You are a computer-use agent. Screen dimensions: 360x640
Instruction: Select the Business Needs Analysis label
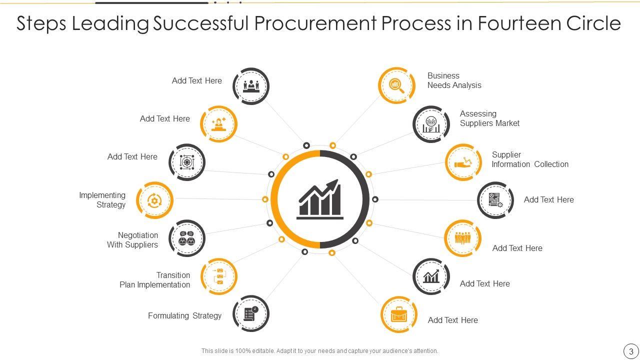(x=454, y=80)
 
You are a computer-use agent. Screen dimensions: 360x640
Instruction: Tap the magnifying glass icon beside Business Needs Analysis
(x=396, y=85)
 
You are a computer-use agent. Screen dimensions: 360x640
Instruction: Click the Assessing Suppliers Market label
(x=489, y=118)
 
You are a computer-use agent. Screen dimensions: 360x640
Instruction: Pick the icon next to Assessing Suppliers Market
(x=431, y=124)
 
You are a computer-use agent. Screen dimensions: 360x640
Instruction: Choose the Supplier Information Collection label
(x=529, y=159)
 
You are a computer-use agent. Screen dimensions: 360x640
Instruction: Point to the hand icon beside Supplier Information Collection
(x=463, y=162)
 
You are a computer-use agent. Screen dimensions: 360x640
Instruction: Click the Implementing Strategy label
(x=102, y=200)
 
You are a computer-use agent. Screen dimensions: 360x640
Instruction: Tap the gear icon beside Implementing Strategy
(x=154, y=200)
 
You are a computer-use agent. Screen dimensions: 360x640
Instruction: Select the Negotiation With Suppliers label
(x=132, y=240)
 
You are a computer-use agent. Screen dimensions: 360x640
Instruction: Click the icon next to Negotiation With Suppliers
(x=186, y=238)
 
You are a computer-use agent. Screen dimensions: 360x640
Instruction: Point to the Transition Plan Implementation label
(x=155, y=280)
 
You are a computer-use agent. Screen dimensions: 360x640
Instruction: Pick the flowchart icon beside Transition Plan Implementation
(x=219, y=276)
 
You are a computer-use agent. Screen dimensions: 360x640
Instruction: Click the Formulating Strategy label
(x=184, y=315)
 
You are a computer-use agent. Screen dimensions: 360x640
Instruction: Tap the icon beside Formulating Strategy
(x=251, y=313)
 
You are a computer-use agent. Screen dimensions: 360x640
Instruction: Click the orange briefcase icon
(x=398, y=315)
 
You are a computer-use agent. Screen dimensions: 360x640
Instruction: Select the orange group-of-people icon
(x=463, y=238)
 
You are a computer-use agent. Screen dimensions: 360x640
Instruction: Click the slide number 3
(x=631, y=351)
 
